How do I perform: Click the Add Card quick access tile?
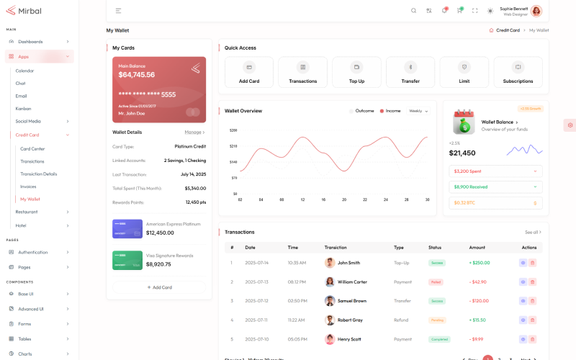point(249,72)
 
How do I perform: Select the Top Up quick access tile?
point(356,72)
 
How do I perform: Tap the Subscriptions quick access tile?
point(518,72)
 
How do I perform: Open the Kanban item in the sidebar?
point(24,108)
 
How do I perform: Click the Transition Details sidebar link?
point(39,174)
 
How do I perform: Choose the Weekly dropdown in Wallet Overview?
point(418,111)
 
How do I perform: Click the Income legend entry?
point(390,111)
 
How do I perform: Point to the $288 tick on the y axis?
point(233,130)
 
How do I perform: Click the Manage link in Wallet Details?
point(194,132)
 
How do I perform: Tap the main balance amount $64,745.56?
point(137,75)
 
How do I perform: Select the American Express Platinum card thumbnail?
point(127,228)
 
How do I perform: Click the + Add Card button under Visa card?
point(159,287)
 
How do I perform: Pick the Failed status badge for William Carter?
point(436,282)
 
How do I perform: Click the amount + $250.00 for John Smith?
point(480,263)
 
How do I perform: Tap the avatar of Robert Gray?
point(330,320)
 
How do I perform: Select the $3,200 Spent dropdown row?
point(495,171)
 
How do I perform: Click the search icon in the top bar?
point(413,11)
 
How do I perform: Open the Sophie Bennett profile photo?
point(536,11)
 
